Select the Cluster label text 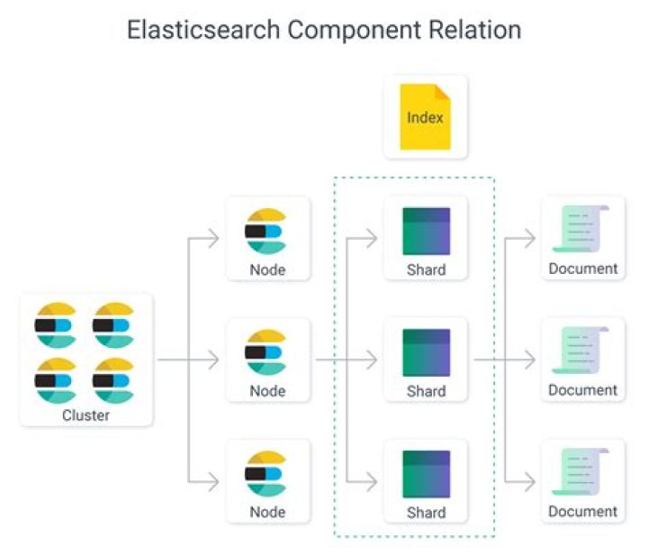(86, 415)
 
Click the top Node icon (265, 229)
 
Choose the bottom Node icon (265, 472)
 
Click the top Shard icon (426, 231)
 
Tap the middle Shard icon (426, 352)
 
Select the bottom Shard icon (426, 474)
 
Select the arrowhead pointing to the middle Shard (370, 360)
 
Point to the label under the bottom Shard (426, 512)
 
